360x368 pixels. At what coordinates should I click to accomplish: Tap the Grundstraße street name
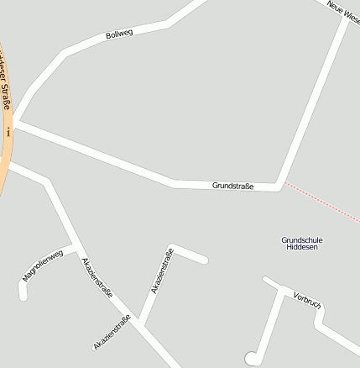coord(232,185)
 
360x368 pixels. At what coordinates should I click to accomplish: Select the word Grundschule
coord(301,240)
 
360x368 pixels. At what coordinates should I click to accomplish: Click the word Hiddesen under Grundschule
coord(301,248)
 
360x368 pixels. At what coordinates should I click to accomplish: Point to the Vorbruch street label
coord(308,299)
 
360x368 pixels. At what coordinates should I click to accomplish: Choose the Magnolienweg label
coord(42,265)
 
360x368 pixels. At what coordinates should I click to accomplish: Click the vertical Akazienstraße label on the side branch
coord(162,271)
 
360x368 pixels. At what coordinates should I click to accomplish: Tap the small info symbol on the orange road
coord(8,132)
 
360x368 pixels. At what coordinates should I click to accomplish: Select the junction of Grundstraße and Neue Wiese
coord(279,186)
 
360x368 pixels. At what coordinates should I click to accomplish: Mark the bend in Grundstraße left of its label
coord(174,181)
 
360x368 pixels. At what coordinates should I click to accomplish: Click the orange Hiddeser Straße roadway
coord(5,168)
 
